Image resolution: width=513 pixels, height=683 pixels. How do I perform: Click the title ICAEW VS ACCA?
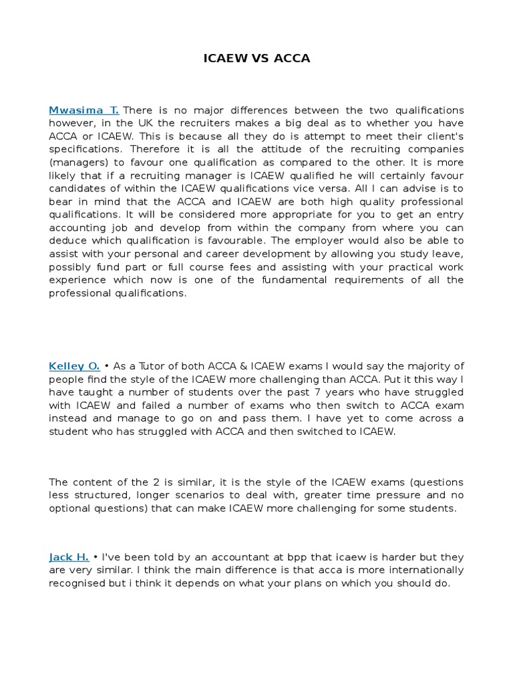[256, 59]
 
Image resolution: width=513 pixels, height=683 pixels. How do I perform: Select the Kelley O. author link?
[74, 366]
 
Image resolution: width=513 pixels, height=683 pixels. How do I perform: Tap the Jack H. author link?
[69, 557]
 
